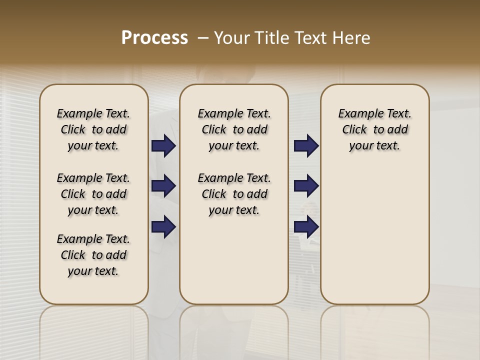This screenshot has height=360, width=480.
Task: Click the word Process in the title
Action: (x=154, y=38)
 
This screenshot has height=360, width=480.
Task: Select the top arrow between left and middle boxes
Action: (x=163, y=145)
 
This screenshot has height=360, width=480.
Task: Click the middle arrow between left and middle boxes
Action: (x=163, y=186)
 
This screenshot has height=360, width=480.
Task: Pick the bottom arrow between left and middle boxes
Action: (x=163, y=226)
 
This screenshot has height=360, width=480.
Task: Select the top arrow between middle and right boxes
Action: (x=306, y=145)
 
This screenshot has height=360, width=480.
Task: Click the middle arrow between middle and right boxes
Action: (x=306, y=186)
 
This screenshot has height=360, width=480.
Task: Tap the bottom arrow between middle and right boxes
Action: (x=306, y=226)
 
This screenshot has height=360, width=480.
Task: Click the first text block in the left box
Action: (x=93, y=129)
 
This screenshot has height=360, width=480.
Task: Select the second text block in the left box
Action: (x=93, y=194)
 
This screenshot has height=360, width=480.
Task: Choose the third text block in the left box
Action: (x=93, y=255)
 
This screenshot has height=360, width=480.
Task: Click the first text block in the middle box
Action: (x=234, y=129)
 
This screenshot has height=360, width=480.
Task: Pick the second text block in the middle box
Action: (x=234, y=194)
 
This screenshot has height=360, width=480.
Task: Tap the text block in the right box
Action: (x=374, y=129)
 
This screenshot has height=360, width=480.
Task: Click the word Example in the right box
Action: (x=357, y=114)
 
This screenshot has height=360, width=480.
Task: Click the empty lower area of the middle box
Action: (x=234, y=260)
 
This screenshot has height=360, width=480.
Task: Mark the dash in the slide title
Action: (x=203, y=38)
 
